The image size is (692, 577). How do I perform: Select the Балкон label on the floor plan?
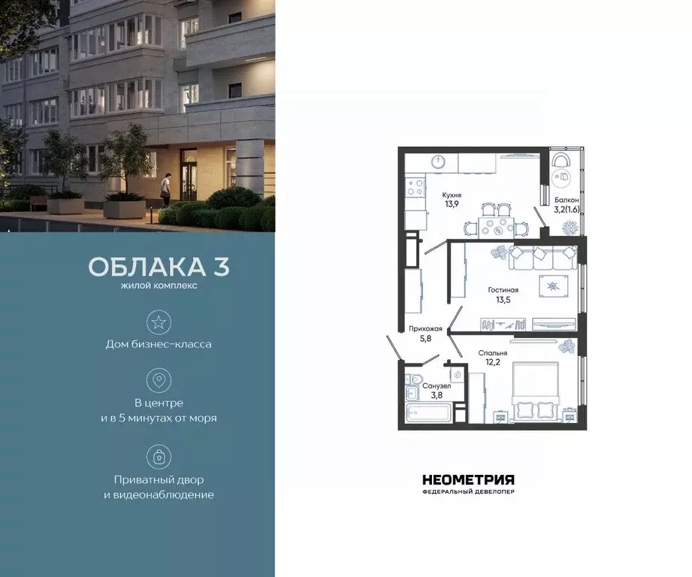(x=566, y=201)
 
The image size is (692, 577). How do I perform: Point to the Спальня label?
(x=492, y=352)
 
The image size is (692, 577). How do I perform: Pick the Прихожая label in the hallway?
(x=425, y=328)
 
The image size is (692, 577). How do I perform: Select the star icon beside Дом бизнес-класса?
(x=159, y=323)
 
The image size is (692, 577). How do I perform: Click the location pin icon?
(x=159, y=380)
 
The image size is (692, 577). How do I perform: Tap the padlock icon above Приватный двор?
(x=159, y=456)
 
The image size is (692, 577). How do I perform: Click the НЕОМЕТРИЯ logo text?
(x=468, y=479)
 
